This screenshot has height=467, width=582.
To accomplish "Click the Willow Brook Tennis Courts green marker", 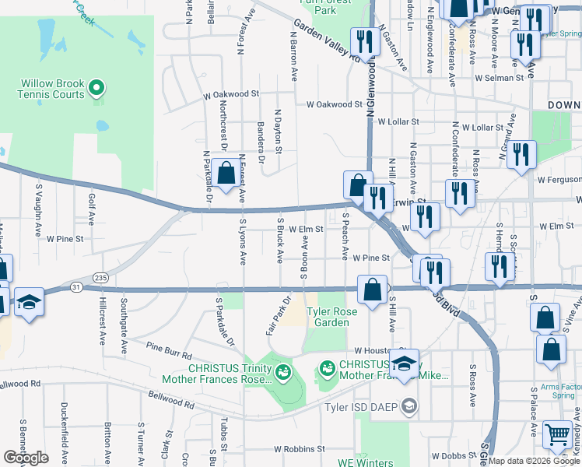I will click(97, 87).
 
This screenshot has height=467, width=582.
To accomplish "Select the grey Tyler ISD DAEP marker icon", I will click(410, 406).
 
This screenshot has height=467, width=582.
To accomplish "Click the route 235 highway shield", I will click(100, 277).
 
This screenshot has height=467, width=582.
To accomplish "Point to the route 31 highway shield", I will click(75, 287).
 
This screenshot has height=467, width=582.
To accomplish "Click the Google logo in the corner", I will click(26, 458).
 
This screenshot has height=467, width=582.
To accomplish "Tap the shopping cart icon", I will click(557, 435).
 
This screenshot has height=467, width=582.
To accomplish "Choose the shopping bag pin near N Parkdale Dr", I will click(226, 174).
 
